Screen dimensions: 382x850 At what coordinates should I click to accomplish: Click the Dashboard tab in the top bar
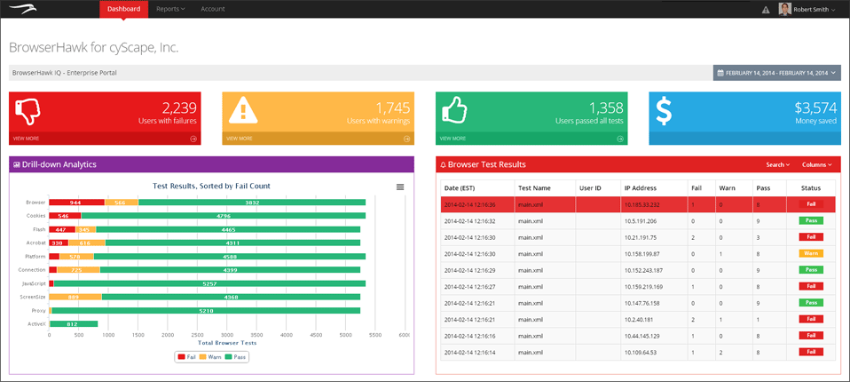click(x=123, y=9)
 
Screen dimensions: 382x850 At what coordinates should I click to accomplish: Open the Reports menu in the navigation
click(x=169, y=9)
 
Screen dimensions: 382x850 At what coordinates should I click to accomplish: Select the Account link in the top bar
click(x=213, y=9)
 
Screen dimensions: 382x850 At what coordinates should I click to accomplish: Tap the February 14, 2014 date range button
click(x=776, y=72)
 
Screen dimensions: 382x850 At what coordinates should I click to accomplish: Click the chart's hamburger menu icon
click(x=400, y=187)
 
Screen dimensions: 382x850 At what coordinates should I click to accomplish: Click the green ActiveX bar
click(x=73, y=324)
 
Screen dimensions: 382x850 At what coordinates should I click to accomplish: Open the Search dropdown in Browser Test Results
click(x=777, y=164)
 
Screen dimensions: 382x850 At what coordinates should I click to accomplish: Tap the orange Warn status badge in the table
click(x=810, y=253)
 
